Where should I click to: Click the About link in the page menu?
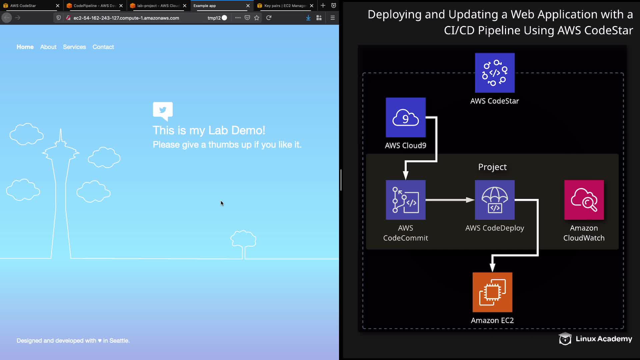48,47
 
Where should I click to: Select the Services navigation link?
74,47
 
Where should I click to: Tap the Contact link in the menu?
103,47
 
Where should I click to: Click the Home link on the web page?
25,47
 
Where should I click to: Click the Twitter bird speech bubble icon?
163,110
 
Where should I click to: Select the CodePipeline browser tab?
94,6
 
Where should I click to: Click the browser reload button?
269,18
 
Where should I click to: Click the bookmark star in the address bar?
257,18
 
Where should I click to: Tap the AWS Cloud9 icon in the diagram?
405,117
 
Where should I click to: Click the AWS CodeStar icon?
495,73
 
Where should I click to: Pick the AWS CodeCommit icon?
405,200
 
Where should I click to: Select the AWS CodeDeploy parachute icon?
495,200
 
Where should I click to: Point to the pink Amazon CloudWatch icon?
584,200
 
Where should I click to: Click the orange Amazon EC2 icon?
492,292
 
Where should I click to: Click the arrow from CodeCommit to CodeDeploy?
450,200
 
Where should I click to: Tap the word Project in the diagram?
492,167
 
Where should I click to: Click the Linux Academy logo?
595,339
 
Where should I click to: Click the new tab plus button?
323,6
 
